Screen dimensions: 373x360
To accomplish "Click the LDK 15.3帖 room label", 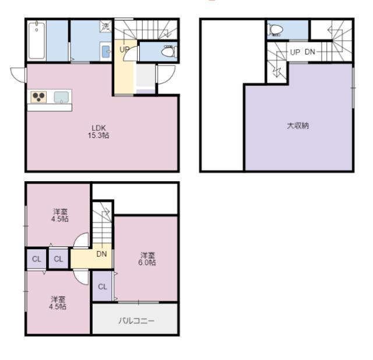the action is [x=98, y=132].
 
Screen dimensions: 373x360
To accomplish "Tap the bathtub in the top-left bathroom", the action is [x=37, y=40].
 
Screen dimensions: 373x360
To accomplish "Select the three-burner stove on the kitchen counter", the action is [x=38, y=97].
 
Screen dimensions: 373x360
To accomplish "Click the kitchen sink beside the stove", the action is [x=61, y=97].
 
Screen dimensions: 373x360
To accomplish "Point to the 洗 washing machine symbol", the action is [x=105, y=26].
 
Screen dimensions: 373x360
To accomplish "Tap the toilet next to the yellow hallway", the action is [x=169, y=51].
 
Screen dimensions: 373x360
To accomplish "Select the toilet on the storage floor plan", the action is [x=276, y=30].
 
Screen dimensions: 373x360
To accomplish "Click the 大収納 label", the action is [x=298, y=126].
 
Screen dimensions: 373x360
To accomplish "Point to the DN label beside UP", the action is [x=309, y=52].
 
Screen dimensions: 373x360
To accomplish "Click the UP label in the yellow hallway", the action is [x=124, y=50].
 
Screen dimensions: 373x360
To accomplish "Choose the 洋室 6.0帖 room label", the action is [x=147, y=259].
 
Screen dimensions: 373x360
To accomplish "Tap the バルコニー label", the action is [x=136, y=321].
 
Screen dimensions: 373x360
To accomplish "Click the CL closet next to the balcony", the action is [x=103, y=287].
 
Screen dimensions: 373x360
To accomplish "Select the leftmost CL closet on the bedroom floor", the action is [x=36, y=259].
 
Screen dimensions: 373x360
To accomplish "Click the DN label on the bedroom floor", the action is [x=101, y=254].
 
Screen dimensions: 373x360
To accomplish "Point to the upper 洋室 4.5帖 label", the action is [x=60, y=215].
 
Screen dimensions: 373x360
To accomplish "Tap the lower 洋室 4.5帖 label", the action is [x=58, y=303].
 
